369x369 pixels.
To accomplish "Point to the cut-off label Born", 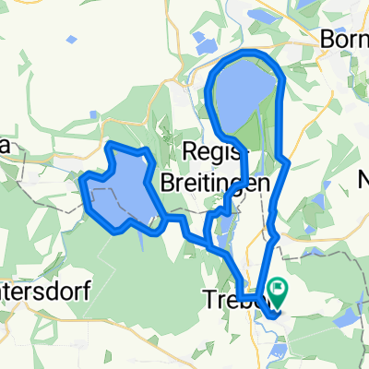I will [341, 40].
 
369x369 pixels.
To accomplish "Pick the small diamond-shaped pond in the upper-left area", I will [70, 40].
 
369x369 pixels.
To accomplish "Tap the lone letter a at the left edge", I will [4, 149].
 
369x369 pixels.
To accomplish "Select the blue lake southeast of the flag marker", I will [343, 316].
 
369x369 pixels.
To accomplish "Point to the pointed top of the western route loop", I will [111, 145].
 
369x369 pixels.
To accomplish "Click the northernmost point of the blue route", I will [247, 54].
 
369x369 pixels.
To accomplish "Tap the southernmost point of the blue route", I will [274, 317].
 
